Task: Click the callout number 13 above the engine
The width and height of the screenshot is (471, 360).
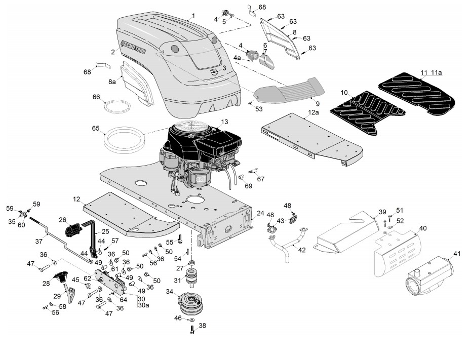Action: coord(224,122)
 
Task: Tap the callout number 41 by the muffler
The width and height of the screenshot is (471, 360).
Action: coord(457,253)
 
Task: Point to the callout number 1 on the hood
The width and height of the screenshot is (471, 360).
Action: coord(193,17)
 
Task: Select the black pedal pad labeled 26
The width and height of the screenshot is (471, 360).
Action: coord(74,230)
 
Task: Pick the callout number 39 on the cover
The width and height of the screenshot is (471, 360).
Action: coord(382,211)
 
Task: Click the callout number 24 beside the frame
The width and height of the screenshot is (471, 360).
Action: coord(260,213)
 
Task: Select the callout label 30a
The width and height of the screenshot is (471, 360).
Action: coord(143,305)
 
